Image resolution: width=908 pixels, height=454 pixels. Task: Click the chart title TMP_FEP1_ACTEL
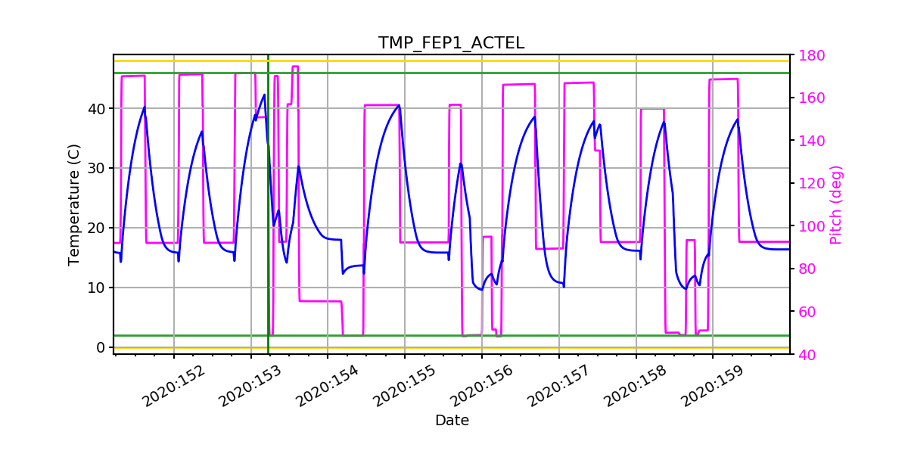click(451, 43)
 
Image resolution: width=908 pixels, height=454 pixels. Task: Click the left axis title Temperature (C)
click(73, 204)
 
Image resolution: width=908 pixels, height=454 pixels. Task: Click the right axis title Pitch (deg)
click(835, 204)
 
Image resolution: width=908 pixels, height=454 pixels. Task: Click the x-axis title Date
click(451, 420)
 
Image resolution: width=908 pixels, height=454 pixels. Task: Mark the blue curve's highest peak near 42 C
click(265, 95)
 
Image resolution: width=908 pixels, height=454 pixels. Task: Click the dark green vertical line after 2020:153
click(268, 227)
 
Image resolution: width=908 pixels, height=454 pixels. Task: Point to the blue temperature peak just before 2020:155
click(399, 105)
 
